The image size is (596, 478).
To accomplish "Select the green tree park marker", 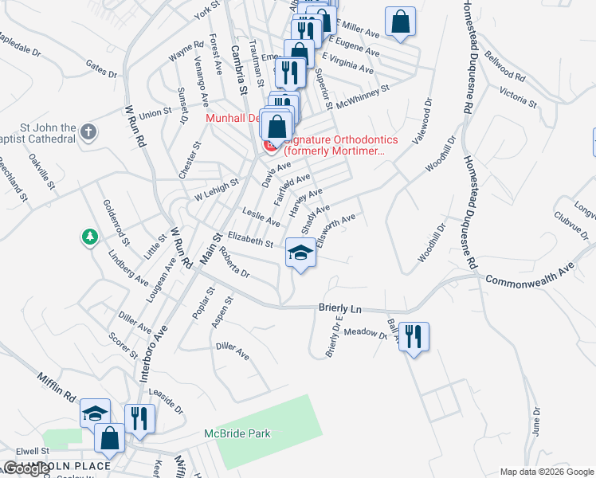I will point(89,237).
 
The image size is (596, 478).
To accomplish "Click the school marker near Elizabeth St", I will point(300,254).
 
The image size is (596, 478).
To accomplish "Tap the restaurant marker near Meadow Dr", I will point(414,335).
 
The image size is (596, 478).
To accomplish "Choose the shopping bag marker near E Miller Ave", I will point(400,22).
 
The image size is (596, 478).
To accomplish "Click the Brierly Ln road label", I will point(340,307).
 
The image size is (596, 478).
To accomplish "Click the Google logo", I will point(26,468).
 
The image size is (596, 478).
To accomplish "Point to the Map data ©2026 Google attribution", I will point(547,472).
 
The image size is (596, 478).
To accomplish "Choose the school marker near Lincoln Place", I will point(94,413).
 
